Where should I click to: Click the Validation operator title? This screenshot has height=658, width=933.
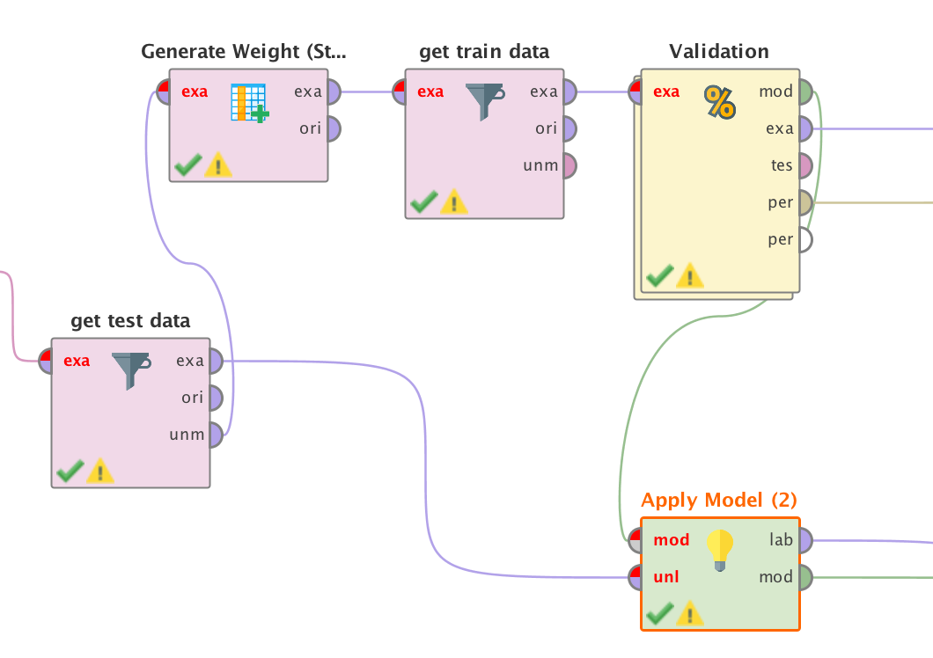[x=718, y=51]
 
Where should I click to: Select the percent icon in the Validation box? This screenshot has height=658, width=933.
[x=719, y=103]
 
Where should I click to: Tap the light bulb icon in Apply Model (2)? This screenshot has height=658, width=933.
[x=719, y=550]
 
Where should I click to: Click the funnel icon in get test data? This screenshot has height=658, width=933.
[x=130, y=370]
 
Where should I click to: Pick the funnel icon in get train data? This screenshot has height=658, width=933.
[x=484, y=101]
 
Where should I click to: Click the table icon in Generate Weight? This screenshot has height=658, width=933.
[x=249, y=102]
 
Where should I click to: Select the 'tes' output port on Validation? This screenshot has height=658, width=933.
[x=803, y=165]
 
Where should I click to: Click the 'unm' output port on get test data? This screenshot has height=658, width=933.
[x=214, y=434]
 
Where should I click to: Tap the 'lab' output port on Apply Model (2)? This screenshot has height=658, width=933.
[x=803, y=540]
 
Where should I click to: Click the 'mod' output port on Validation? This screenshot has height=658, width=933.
[x=803, y=91]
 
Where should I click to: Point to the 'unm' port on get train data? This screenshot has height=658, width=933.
[x=567, y=165]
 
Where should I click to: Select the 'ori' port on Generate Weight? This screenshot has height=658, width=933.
[x=331, y=128]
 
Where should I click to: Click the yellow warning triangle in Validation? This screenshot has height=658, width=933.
[x=689, y=277]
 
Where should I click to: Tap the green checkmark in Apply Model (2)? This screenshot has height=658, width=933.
[x=659, y=613]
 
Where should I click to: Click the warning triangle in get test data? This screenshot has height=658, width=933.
[x=99, y=471]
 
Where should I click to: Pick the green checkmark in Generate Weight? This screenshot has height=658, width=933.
[x=187, y=164]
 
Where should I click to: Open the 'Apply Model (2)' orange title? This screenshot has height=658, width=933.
[x=718, y=500]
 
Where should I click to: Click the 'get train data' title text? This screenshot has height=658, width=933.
[x=484, y=51]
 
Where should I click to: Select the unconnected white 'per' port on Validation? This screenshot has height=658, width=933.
[x=803, y=239]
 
